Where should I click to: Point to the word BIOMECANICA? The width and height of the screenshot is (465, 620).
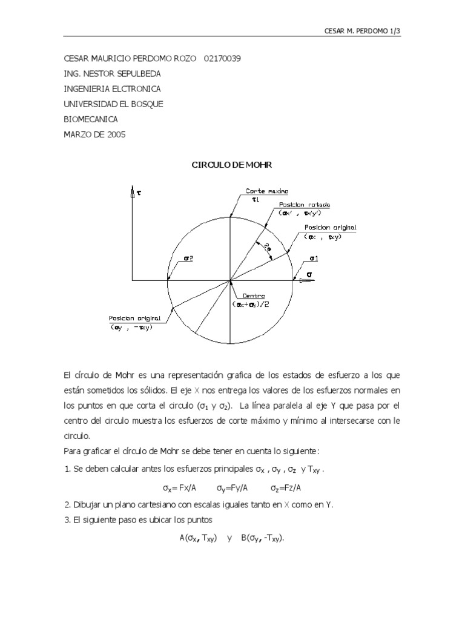click(x=91, y=119)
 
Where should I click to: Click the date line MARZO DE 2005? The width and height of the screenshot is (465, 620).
click(x=94, y=134)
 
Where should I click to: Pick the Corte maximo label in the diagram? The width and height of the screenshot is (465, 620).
click(x=263, y=191)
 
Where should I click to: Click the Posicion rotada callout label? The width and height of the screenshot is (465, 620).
click(x=304, y=205)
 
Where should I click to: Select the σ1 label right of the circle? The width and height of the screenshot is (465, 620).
click(x=314, y=259)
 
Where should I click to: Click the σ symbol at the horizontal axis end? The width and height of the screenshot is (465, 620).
click(x=309, y=275)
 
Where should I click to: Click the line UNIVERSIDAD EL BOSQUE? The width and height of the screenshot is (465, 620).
click(x=113, y=104)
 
